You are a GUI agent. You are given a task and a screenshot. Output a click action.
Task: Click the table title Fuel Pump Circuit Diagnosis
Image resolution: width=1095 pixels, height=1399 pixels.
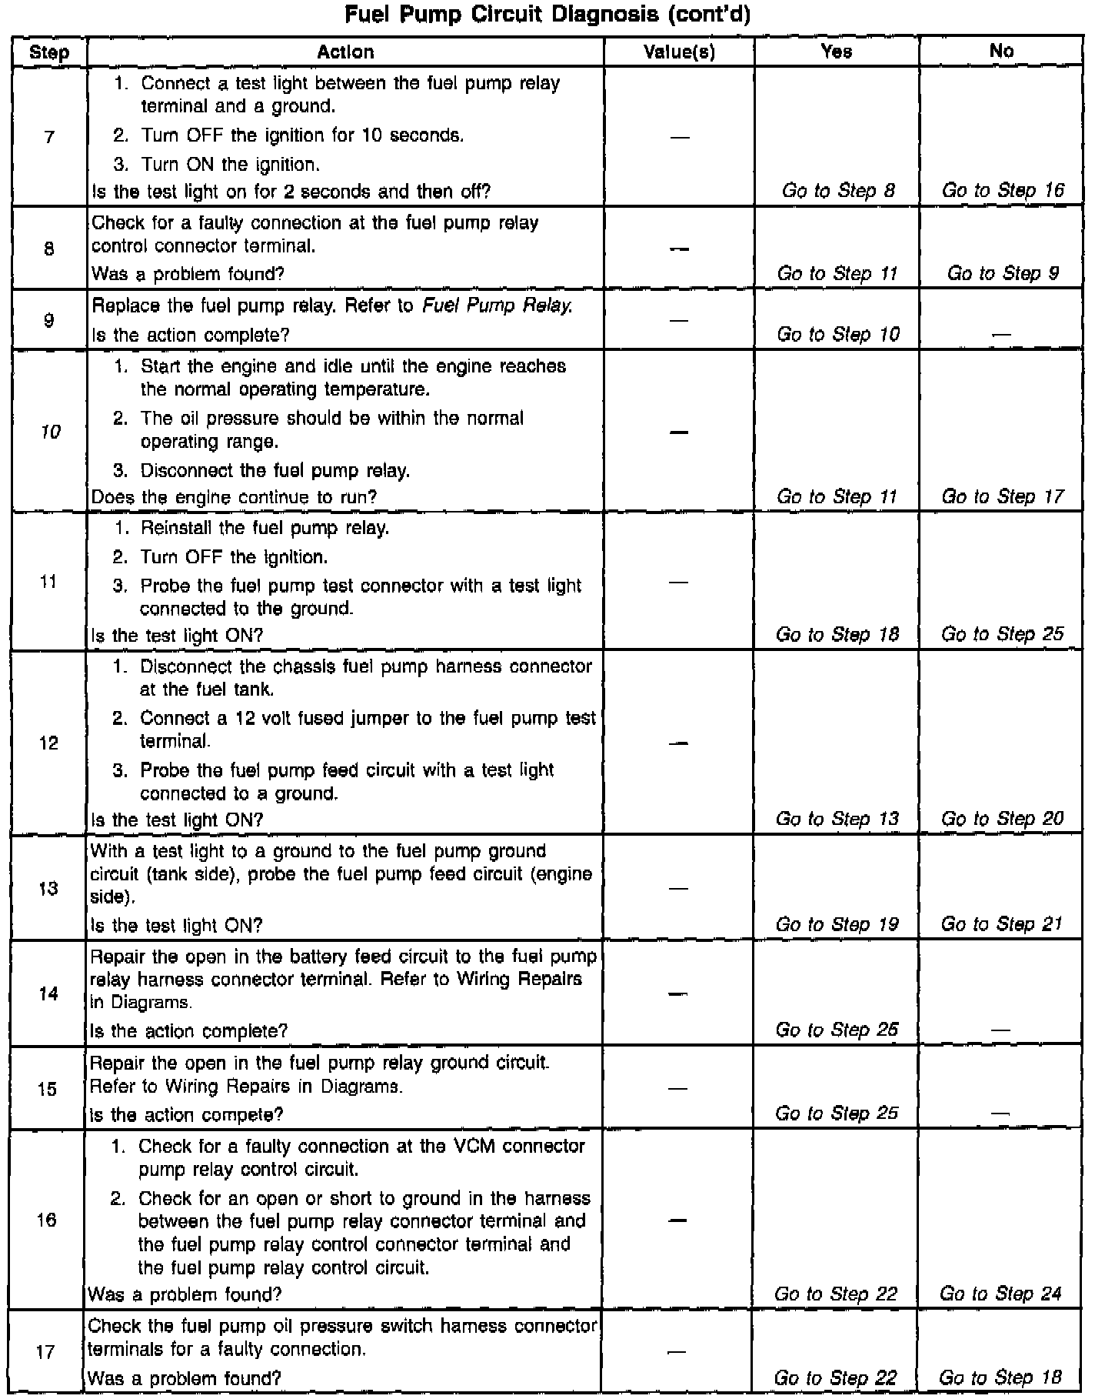547,15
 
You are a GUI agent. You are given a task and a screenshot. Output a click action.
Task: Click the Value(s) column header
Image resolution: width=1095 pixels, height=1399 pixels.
679,52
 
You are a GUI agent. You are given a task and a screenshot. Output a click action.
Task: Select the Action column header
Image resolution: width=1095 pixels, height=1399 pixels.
345,52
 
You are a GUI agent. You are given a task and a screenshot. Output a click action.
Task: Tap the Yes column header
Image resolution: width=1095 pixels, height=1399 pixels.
836,52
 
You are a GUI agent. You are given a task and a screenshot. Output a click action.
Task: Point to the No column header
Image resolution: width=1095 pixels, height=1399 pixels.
1001,51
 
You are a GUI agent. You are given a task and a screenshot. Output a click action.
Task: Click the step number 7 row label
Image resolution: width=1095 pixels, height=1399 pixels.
49,137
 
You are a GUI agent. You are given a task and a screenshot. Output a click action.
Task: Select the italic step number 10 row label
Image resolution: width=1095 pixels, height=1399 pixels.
50,432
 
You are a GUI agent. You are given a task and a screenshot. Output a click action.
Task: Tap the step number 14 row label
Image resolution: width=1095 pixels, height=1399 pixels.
48,993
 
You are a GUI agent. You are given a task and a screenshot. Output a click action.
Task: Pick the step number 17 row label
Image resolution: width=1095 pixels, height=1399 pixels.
47,1352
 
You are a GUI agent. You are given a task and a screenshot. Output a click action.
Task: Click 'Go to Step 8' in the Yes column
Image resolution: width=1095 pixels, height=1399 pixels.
838,190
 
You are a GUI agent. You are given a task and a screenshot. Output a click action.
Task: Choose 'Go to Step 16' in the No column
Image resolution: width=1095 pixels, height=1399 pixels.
1003,190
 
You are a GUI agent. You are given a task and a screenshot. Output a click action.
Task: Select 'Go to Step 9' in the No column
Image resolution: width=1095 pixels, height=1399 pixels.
1003,273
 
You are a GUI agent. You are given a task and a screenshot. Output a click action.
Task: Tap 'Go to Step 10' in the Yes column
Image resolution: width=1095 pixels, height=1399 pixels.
838,334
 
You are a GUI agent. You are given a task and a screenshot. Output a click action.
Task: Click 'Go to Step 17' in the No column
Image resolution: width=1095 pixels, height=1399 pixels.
1003,496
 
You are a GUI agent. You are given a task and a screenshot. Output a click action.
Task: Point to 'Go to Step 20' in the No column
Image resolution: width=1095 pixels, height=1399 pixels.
1002,818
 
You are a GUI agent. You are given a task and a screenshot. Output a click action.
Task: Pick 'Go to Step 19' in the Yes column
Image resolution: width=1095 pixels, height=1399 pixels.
837,923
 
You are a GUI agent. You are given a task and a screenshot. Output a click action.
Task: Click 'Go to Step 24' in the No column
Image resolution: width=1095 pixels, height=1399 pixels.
1000,1294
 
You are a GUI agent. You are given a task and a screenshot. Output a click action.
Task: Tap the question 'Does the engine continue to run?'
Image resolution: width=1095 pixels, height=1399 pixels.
234,497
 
